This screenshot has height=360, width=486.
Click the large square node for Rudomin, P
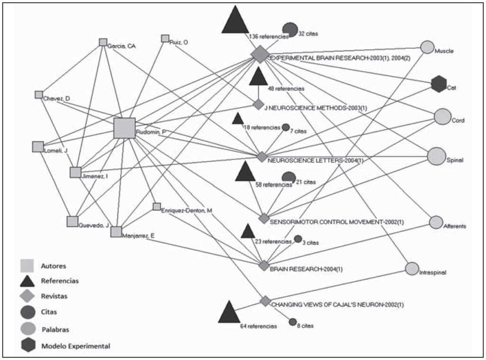(x=124, y=128)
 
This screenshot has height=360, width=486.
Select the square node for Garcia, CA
(x=103, y=42)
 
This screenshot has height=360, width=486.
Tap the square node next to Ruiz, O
(x=165, y=38)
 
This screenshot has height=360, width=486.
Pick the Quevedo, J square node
(x=72, y=221)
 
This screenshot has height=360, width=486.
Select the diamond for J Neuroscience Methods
(x=258, y=104)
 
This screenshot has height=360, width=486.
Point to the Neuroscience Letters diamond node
(x=262, y=156)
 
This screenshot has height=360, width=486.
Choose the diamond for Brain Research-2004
(x=264, y=265)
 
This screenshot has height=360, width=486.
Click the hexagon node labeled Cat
(x=439, y=84)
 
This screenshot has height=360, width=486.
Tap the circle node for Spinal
(x=436, y=157)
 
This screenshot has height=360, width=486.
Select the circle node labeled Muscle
(x=427, y=47)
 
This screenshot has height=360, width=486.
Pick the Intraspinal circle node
(x=412, y=268)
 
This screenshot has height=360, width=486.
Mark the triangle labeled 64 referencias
(x=229, y=312)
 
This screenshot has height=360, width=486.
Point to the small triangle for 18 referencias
(x=238, y=119)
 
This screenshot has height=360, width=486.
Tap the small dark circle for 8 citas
(x=292, y=322)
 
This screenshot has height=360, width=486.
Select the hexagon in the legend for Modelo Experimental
(x=28, y=346)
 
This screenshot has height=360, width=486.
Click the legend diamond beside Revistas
(x=28, y=296)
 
